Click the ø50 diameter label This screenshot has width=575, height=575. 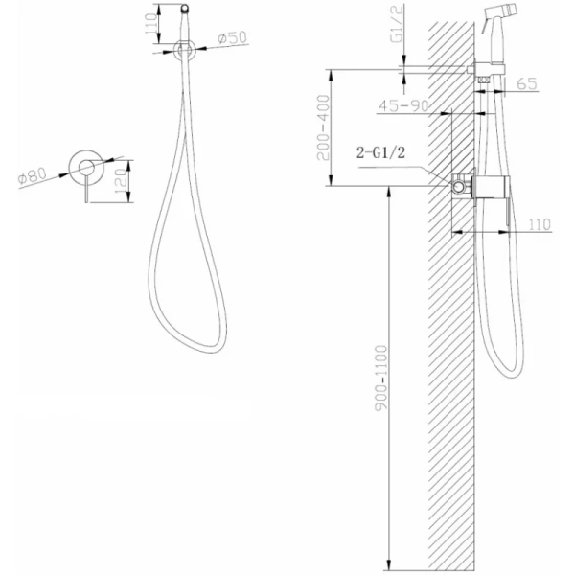(x=232, y=37)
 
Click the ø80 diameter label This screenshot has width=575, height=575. (x=33, y=175)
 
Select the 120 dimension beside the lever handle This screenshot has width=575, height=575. (x=122, y=181)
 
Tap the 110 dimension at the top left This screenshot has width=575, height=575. (x=151, y=24)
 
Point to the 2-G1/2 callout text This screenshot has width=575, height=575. (x=381, y=152)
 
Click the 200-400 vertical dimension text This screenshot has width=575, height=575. (x=324, y=127)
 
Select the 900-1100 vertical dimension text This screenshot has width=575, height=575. (x=381, y=379)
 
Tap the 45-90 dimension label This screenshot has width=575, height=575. (x=403, y=105)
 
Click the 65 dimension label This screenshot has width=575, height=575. (x=527, y=84)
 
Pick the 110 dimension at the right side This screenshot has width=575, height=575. (x=540, y=224)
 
